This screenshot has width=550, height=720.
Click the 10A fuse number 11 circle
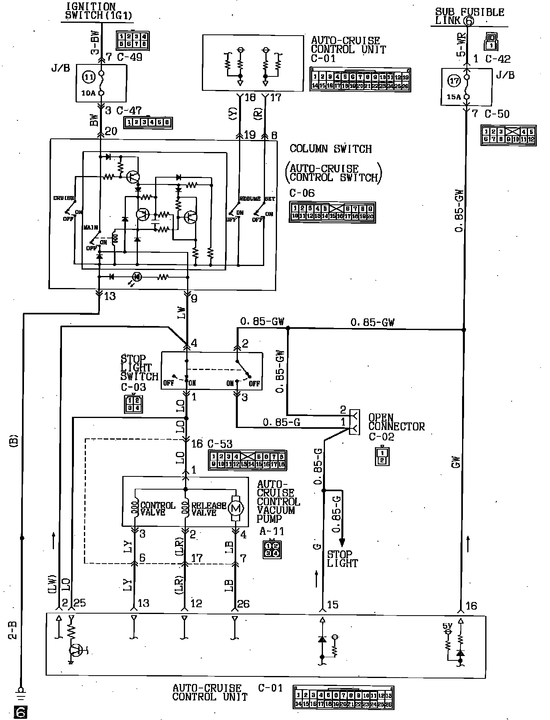click(90, 77)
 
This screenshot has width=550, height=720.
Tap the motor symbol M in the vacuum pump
click(235, 508)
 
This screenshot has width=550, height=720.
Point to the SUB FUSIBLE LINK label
click(470, 16)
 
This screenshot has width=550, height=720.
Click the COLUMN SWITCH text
click(331, 149)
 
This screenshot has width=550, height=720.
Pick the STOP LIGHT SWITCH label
click(139, 368)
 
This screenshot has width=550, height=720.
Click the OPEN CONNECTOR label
click(396, 422)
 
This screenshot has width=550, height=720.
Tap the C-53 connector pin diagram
click(247, 460)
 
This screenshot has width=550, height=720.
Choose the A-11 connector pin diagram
click(272, 549)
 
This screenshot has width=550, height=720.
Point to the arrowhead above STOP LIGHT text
click(342, 542)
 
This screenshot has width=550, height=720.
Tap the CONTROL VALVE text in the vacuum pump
click(157, 509)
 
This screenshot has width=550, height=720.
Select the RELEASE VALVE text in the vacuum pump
click(208, 509)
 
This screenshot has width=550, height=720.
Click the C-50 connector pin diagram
click(508, 136)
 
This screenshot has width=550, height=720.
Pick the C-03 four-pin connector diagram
click(133, 404)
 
